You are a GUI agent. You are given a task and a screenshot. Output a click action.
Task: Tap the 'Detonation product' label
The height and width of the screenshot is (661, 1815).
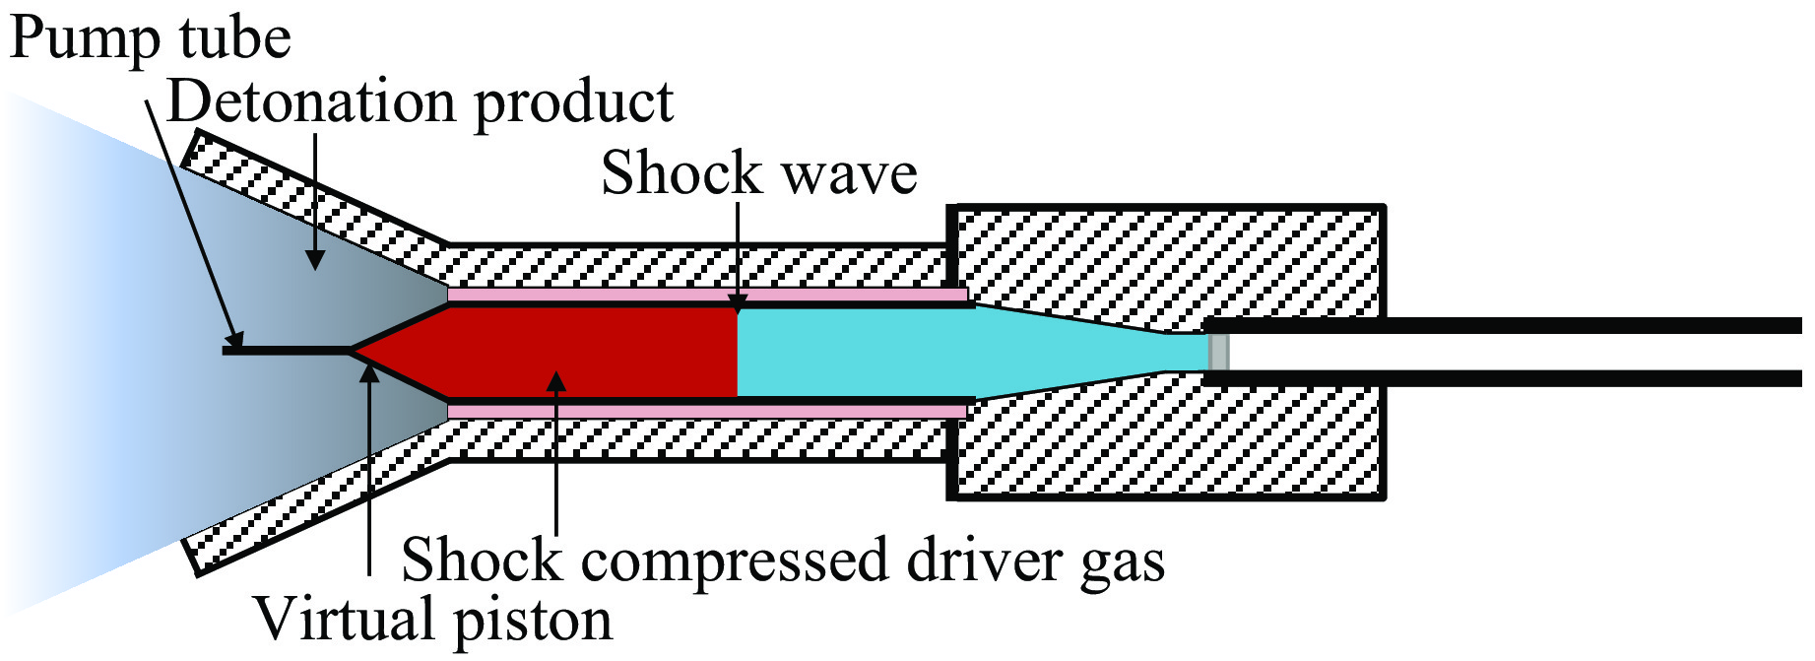click(x=421, y=101)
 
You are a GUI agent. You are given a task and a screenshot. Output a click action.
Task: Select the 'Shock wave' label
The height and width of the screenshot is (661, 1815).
click(x=758, y=173)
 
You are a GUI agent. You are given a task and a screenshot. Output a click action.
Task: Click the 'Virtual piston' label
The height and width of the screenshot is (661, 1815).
click(x=433, y=620)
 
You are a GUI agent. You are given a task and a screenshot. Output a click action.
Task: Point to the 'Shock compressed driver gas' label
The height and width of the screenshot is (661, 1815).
click(x=783, y=560)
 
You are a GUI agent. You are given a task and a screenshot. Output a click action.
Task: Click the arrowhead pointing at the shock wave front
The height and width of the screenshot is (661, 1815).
click(x=739, y=303)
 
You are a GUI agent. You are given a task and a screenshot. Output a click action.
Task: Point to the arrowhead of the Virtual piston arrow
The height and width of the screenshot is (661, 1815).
click(x=369, y=371)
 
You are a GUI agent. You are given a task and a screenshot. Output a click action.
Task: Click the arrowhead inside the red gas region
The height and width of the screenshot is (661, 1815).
click(x=556, y=380)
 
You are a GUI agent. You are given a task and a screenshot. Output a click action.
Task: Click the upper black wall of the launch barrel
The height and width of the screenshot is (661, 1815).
click(x=1507, y=326)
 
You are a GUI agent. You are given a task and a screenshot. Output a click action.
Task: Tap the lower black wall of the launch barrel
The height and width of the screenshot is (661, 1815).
click(x=1507, y=377)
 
